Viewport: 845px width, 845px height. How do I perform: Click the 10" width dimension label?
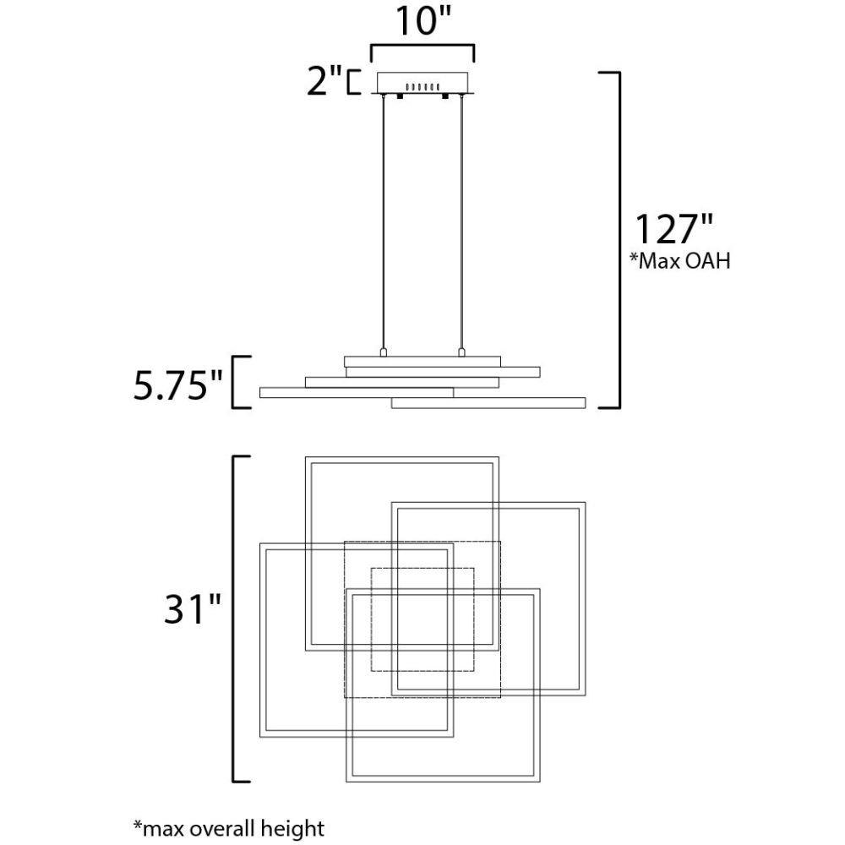tap(423, 22)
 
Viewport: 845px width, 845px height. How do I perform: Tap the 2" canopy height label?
tap(324, 81)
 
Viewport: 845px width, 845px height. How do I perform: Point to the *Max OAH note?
tap(680, 261)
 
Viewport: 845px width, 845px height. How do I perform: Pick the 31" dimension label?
tap(193, 609)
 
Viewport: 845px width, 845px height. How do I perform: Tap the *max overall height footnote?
tap(229, 828)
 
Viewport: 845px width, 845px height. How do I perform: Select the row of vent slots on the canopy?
tap(422, 86)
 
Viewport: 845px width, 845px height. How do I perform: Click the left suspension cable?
tap(383, 222)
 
